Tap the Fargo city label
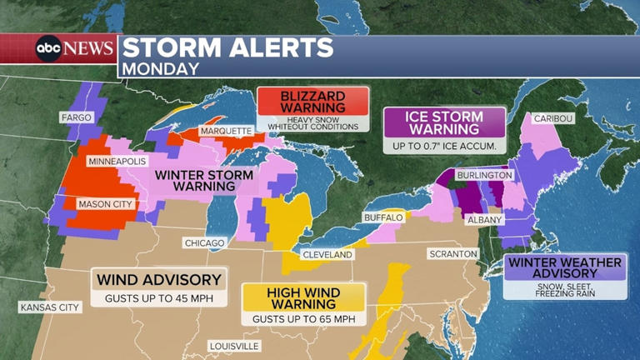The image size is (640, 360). (76, 117)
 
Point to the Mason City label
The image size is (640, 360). (105, 203)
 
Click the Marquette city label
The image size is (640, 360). (225, 131)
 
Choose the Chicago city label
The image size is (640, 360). (204, 242)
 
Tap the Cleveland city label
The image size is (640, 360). (326, 254)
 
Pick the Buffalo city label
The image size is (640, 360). (383, 217)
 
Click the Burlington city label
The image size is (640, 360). (484, 176)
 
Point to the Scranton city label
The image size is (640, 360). (452, 253)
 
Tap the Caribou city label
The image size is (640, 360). (553, 118)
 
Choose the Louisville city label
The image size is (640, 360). (234, 346)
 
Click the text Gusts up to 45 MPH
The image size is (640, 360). (158, 297)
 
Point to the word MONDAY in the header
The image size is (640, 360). (161, 68)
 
